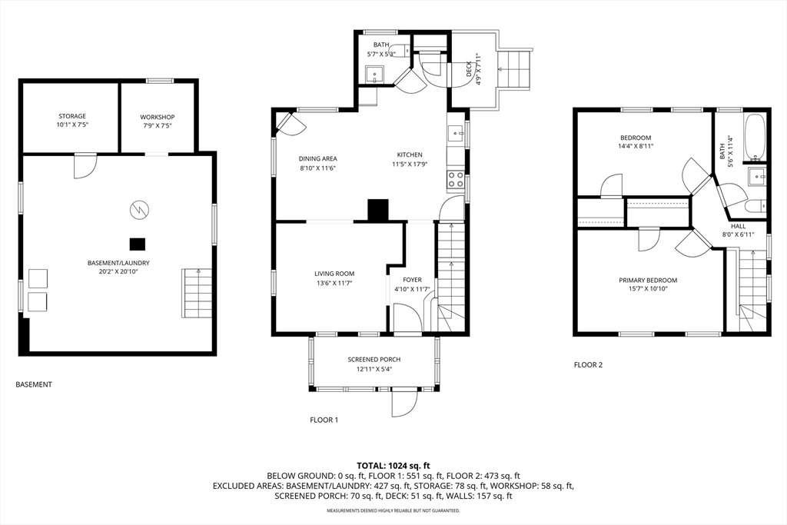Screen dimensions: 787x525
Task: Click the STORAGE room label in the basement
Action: [x=71, y=116]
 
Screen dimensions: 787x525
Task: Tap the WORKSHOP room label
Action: [x=157, y=117]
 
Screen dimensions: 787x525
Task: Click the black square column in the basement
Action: [x=138, y=244]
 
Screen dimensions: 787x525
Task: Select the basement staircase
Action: [x=197, y=293]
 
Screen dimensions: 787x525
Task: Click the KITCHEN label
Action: [x=410, y=155]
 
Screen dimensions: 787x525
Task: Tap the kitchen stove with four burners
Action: [x=456, y=180]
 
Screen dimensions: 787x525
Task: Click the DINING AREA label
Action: [x=317, y=158]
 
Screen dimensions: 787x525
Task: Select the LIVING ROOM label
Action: [x=334, y=274]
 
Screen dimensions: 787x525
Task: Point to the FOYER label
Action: [x=412, y=280]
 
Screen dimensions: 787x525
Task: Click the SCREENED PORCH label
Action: [x=374, y=360]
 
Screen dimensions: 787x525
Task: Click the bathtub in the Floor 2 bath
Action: [x=755, y=137]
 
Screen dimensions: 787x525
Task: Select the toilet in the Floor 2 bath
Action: [x=757, y=206]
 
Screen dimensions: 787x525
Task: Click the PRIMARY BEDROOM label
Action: [x=647, y=280]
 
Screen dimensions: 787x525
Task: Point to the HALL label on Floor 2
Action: [x=738, y=226]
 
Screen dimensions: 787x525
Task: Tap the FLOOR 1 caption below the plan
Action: [x=324, y=420]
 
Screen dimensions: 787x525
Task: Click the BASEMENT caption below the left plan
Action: [x=34, y=384]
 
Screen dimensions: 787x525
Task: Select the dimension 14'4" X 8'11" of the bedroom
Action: [x=636, y=146]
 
